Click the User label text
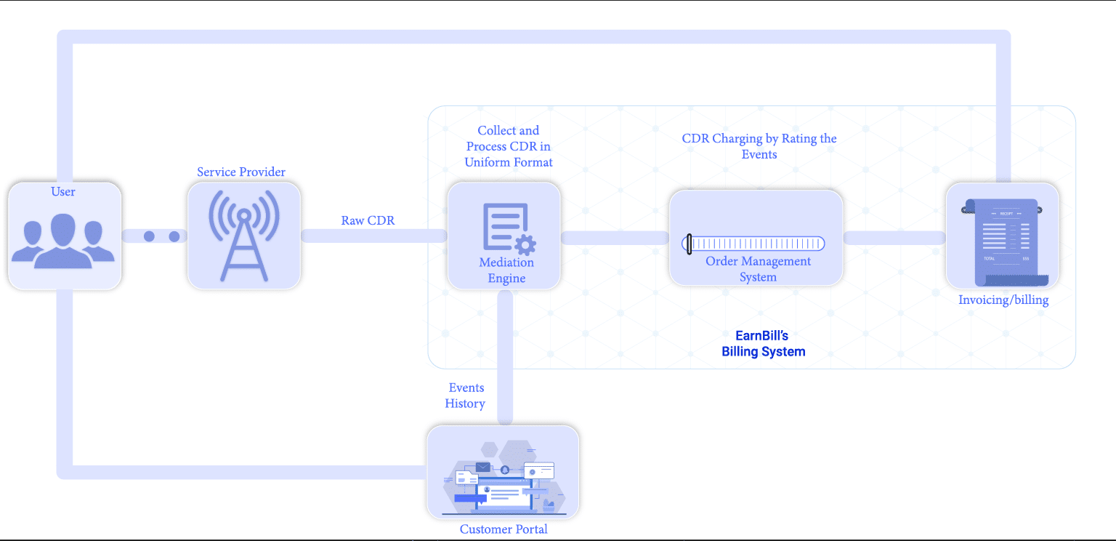[x=63, y=192]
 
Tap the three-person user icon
[x=63, y=241]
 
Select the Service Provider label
[x=241, y=172]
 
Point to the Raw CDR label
[x=368, y=220]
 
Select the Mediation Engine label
[x=506, y=270]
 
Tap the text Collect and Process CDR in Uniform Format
[x=509, y=146]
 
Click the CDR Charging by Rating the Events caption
[x=759, y=146]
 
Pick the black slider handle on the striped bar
[x=688, y=244]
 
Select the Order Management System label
[x=758, y=269]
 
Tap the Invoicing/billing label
[x=1003, y=300]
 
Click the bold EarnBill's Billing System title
[x=763, y=344]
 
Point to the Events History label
[x=466, y=396]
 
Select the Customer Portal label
[x=504, y=529]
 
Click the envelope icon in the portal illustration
[x=483, y=468]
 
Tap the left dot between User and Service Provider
[x=150, y=236]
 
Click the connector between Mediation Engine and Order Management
[x=615, y=238]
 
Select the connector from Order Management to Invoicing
[x=894, y=238]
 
